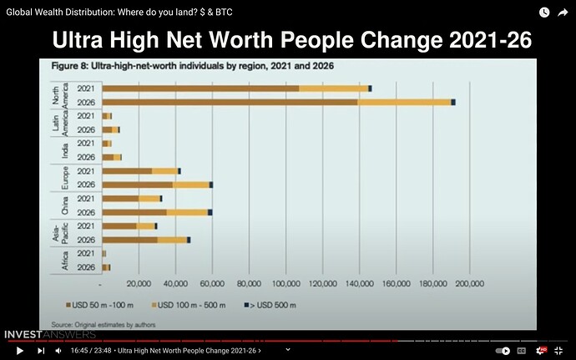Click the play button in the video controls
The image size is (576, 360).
coord(20,351)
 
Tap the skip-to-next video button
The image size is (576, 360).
coord(41,351)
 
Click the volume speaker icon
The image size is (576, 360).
coord(58,351)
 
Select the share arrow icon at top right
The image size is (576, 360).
coord(563,13)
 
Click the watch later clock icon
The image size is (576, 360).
coord(544,13)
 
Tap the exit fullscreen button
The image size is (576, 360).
coord(558,351)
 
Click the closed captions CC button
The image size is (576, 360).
coord(521,351)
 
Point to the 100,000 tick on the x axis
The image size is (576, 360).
coord(286,283)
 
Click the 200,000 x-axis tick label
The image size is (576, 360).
coord(469,283)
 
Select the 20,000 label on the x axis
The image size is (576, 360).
coord(139,283)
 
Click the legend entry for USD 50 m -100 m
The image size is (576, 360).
coord(99,305)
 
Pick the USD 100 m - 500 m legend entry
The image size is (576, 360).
coord(189,305)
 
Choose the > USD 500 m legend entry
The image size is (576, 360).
coord(270,305)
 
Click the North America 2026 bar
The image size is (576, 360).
coord(279,102)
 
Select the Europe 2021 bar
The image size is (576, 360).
coord(141,171)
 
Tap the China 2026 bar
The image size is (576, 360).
coord(157,212)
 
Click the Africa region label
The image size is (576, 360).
coord(64,261)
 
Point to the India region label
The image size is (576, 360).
coord(64,150)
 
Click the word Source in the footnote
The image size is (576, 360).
coord(62,325)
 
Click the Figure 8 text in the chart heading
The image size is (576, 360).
coord(70,66)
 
